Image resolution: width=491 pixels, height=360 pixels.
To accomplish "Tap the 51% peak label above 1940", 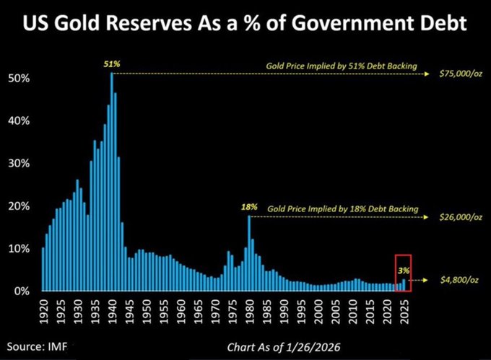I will coord(112,64).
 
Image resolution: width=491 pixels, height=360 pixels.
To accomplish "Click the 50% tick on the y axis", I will coord(19,77).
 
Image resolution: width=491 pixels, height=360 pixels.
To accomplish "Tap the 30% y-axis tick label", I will coord(19,163).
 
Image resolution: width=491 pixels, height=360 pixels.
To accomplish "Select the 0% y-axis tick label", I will coord(22,291).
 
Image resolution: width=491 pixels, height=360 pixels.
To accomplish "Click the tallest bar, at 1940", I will coord(112,180).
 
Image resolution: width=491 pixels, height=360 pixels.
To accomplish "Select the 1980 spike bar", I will coord(249,253).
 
